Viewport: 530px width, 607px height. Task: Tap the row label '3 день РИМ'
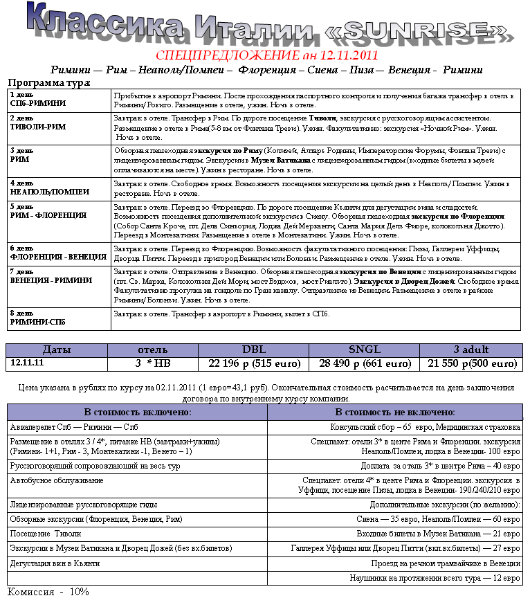[20, 154]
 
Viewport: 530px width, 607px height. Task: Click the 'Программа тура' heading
[48, 82]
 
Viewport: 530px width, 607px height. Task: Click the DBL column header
[254, 350]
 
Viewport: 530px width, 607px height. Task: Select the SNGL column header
[364, 350]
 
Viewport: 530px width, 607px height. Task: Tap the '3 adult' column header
[470, 350]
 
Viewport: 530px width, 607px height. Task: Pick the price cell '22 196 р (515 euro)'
[254, 363]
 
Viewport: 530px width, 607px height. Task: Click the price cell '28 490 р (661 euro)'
[364, 363]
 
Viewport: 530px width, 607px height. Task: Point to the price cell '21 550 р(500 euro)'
[472, 363]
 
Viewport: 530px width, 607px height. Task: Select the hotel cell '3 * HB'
[153, 363]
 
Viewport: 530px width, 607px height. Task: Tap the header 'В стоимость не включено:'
[396, 412]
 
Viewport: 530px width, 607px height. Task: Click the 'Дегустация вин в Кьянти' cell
[55, 563]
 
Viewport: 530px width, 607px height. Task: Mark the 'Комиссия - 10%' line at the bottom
[48, 592]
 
